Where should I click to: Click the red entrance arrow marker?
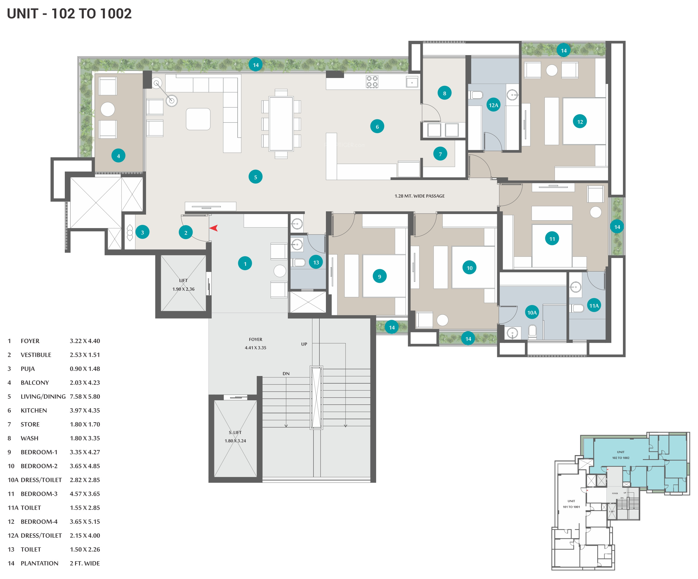tap(214, 228)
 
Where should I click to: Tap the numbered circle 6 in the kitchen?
tap(377, 127)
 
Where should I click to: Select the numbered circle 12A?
tap(493, 105)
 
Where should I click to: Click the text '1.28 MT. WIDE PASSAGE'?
tap(419, 196)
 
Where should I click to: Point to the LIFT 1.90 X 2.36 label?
tap(183, 285)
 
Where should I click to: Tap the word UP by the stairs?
tap(304, 344)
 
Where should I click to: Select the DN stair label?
tap(286, 373)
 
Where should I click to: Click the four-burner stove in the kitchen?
tap(372, 82)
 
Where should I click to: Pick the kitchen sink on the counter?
tap(412, 82)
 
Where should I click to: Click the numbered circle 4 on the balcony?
tap(118, 156)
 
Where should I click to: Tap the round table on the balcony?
tap(108, 109)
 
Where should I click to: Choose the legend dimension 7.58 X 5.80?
tap(85, 396)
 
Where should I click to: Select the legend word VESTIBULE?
tap(36, 355)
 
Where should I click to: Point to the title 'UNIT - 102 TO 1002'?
tap(69, 13)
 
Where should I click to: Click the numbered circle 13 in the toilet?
tap(316, 262)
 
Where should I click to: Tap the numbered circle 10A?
tap(532, 312)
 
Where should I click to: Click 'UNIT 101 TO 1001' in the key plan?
tap(571, 504)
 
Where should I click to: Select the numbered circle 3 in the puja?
tap(142, 232)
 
